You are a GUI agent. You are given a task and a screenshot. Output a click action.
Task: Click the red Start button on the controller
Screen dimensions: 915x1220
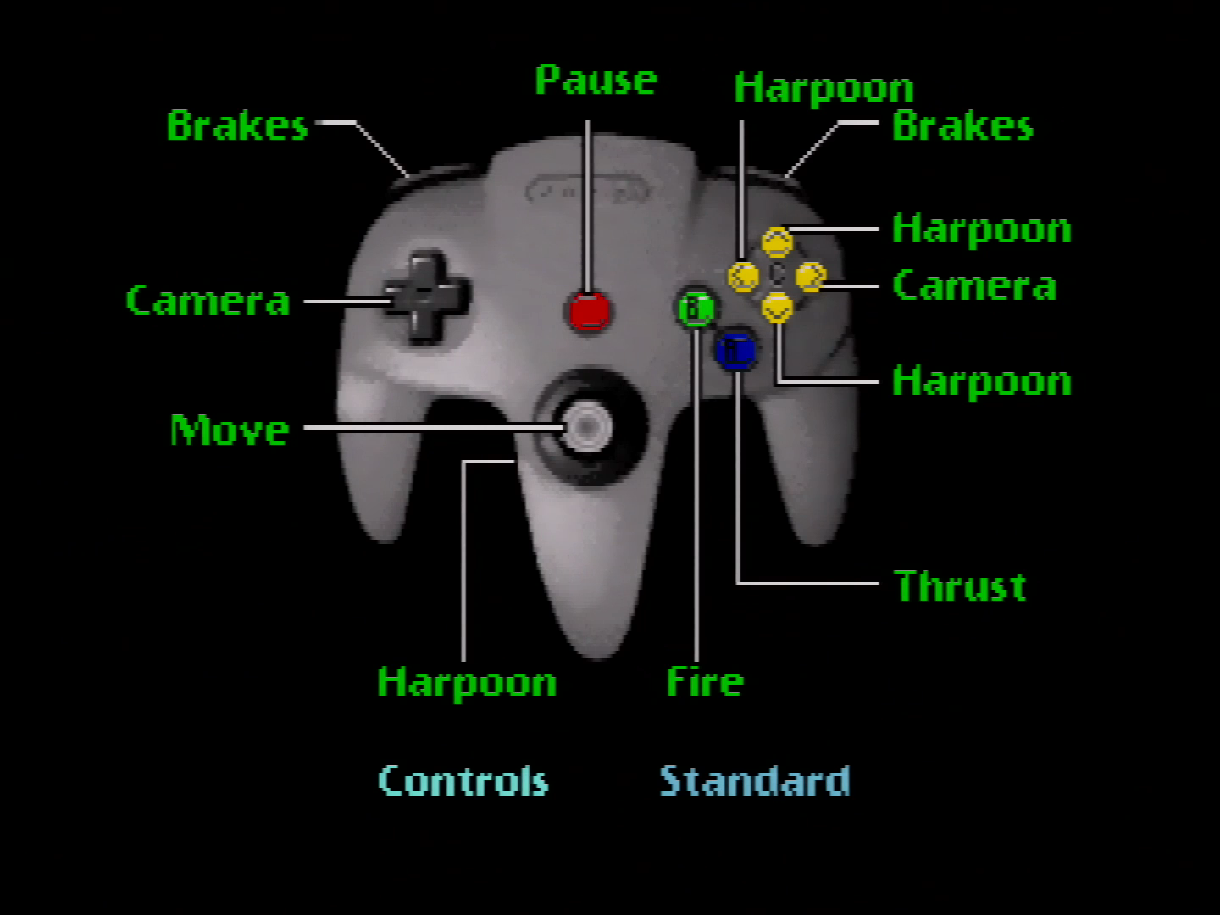click(589, 311)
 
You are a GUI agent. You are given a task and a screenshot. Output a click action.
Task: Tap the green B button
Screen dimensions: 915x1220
click(696, 308)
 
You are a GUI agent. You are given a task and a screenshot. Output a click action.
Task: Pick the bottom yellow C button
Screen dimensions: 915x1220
click(777, 308)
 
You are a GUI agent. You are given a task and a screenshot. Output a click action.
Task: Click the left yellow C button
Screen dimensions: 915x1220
click(744, 276)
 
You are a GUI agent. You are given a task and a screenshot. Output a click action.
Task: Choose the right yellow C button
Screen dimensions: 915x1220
click(810, 276)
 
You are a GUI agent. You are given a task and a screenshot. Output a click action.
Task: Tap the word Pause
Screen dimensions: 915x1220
click(596, 80)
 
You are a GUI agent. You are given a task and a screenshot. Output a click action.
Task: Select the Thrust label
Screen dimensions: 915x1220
click(960, 586)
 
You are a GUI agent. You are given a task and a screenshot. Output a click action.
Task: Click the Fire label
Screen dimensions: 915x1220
click(705, 682)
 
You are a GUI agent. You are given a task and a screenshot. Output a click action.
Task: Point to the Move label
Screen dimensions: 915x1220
click(230, 430)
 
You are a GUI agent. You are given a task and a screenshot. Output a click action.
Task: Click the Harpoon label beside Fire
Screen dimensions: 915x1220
click(467, 683)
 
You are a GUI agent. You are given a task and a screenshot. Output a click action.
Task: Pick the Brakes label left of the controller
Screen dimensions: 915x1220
click(237, 126)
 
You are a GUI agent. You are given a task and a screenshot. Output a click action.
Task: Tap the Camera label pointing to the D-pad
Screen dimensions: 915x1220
click(208, 301)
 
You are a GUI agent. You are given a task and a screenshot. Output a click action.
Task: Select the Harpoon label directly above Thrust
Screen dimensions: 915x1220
click(981, 381)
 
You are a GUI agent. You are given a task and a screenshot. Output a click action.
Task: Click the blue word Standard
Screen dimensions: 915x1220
click(755, 781)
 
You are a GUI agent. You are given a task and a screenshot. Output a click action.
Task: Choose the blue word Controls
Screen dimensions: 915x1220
click(463, 781)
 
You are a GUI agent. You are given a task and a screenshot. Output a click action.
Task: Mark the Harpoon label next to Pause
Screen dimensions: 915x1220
click(823, 88)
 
